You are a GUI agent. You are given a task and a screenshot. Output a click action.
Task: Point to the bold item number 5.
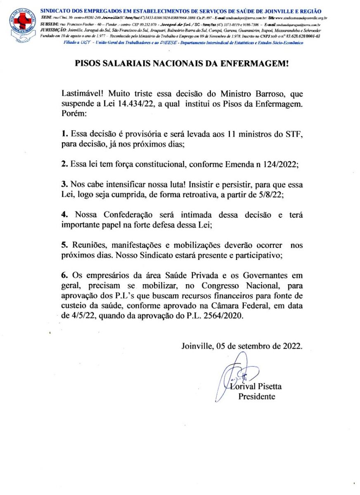tap(64, 245)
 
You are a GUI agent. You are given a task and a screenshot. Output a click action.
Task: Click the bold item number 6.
tap(64, 275)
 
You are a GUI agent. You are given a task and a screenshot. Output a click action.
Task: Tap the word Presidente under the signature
tap(256, 397)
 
